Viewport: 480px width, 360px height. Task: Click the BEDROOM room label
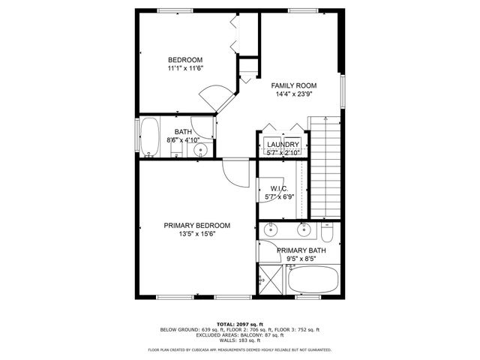(x=184, y=60)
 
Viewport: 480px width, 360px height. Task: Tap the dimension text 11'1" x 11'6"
(x=185, y=68)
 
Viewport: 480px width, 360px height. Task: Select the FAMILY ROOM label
(x=293, y=86)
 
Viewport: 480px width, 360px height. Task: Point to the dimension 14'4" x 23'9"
(x=293, y=94)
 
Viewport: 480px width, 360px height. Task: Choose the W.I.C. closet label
(x=279, y=188)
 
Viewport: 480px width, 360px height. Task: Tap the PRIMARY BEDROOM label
(x=197, y=225)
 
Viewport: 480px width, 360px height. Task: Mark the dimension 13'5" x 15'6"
(x=197, y=234)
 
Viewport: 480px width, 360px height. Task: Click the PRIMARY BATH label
(x=301, y=250)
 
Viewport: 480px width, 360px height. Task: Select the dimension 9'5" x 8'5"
(x=301, y=259)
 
